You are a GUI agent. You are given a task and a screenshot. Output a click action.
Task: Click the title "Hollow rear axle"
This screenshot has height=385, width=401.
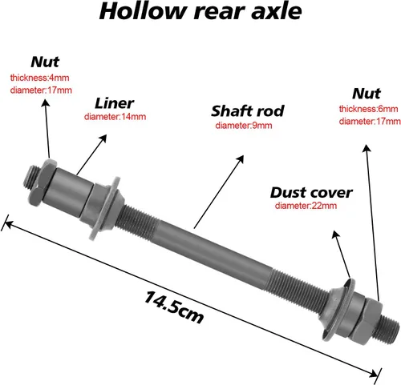tap(200, 11)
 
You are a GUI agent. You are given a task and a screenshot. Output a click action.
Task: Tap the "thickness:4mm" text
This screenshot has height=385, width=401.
tap(39, 78)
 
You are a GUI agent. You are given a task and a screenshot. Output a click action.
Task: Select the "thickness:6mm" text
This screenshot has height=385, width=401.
tap(368, 109)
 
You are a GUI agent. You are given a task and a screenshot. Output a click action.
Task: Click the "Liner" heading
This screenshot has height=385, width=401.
tap(114, 103)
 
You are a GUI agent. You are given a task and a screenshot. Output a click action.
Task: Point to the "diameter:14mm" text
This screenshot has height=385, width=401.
tap(115, 117)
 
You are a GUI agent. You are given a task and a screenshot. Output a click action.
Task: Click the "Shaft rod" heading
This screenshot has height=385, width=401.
tap(248, 111)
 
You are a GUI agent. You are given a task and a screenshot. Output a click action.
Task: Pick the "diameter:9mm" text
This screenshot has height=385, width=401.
tap(244, 126)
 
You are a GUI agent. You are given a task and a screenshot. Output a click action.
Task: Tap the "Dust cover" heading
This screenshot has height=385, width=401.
tap(311, 193)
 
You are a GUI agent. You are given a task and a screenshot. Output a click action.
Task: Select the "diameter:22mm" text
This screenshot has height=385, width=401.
tap(306, 206)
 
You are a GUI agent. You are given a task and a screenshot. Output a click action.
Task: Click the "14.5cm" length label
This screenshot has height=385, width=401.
tap(174, 307)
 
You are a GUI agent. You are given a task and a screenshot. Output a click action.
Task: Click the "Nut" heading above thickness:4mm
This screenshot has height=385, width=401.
tap(45, 62)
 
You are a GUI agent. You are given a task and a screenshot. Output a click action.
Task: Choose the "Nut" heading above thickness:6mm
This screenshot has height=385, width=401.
tap(367, 94)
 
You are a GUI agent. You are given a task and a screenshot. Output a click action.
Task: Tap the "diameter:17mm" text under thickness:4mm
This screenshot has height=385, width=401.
tap(41, 90)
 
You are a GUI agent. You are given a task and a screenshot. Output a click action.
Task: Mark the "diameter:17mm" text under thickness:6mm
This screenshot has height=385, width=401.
tap(370, 122)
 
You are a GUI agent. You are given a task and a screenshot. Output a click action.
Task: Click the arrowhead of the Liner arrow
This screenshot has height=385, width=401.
tap(103, 138)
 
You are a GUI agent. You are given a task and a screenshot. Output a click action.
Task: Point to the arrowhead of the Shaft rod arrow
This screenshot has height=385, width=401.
tap(241, 158)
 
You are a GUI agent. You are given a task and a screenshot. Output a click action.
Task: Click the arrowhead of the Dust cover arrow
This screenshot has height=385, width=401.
tap(335, 235)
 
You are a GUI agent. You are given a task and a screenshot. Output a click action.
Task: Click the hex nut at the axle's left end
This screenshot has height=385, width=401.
tap(43, 183)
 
